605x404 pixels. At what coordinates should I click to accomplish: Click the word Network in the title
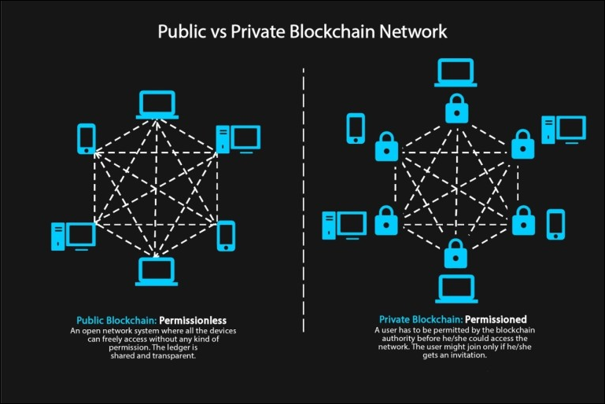[413, 31]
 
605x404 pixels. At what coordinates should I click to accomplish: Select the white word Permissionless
[193, 321]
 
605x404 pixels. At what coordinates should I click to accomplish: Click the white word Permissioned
[496, 319]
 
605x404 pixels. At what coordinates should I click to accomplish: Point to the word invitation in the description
[467, 355]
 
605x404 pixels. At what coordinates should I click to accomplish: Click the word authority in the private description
[398, 339]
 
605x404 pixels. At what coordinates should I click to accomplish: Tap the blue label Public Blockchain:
[116, 321]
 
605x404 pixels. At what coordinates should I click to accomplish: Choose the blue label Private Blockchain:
[421, 319]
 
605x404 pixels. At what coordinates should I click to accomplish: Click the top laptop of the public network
[157, 105]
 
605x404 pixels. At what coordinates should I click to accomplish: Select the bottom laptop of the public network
[157, 271]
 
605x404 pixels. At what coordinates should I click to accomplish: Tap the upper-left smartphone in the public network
[87, 139]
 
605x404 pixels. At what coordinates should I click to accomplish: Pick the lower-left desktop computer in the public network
[73, 237]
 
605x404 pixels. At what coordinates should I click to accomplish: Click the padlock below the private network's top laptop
[457, 108]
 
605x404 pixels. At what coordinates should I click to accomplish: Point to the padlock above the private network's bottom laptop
[456, 253]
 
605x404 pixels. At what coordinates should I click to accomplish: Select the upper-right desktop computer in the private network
[564, 130]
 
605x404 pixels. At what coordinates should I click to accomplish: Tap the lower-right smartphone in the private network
[556, 224]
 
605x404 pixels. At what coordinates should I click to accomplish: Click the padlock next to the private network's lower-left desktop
[386, 221]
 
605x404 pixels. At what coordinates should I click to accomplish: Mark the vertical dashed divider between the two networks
[304, 200]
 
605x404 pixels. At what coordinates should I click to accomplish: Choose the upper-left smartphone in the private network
[356, 128]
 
